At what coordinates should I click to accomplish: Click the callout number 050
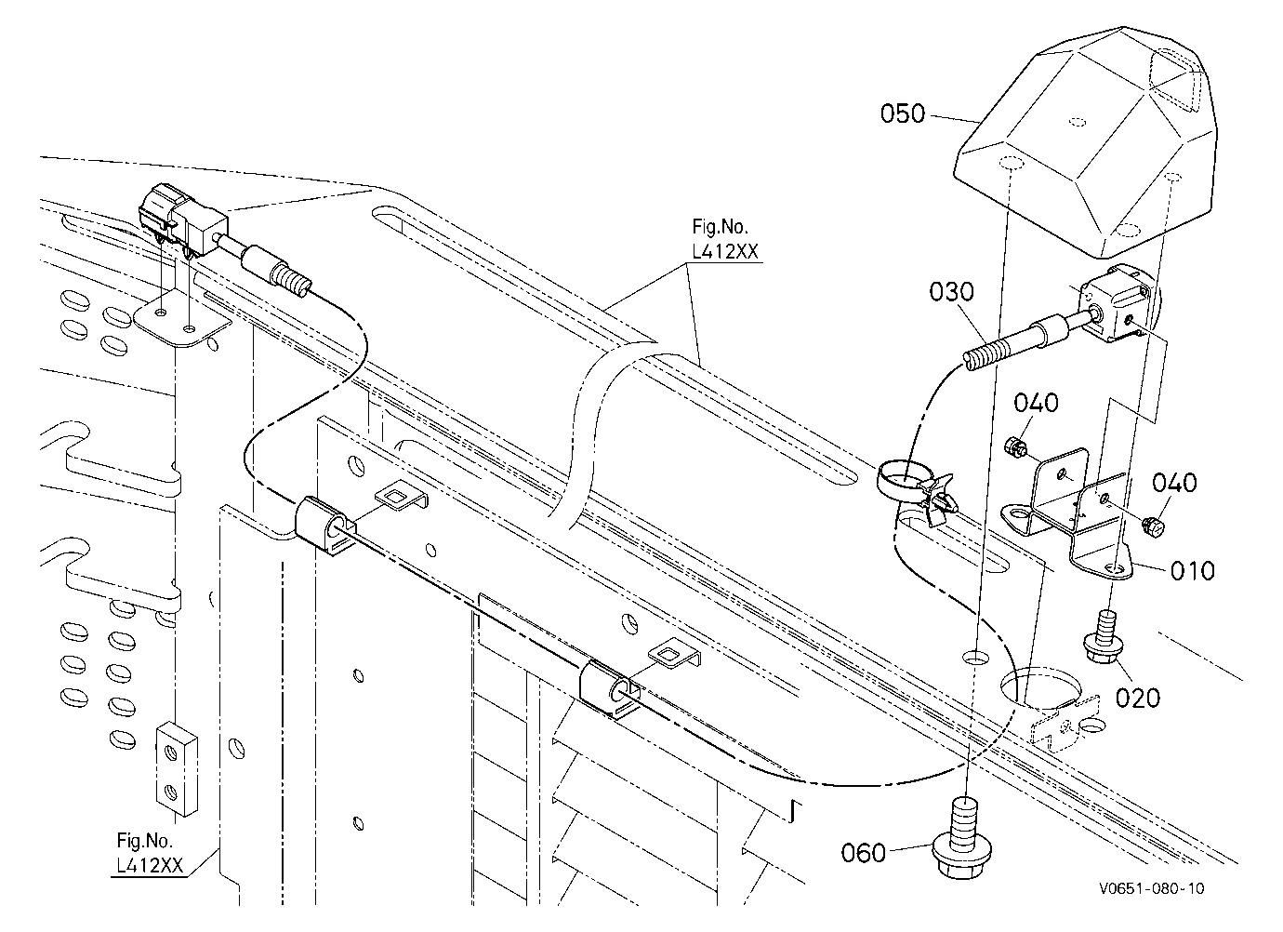coord(903,113)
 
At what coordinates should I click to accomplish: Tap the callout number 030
coord(951,292)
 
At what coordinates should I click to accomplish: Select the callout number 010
coord(1193,571)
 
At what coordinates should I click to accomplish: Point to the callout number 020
coord(1138,699)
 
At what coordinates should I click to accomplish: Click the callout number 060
coord(863,853)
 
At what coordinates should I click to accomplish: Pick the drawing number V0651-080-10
coord(1152,888)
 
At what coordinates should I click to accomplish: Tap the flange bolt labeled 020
coord(1103,638)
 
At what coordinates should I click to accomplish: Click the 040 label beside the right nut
coord(1174,483)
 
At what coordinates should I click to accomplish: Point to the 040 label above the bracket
coord(1036,403)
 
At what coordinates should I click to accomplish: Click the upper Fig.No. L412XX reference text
coord(725,239)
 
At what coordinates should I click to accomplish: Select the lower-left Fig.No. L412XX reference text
coord(150,853)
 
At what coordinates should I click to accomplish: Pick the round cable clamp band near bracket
coord(904,483)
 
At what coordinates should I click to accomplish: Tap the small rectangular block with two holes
coord(177,768)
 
